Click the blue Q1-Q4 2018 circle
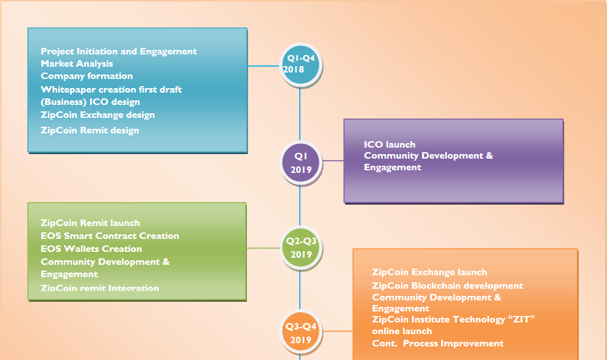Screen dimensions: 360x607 click(300, 65)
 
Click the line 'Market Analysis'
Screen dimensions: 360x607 click(76, 63)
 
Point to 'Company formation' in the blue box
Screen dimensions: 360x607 click(86, 76)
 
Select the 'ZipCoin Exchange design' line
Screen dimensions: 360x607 click(97, 115)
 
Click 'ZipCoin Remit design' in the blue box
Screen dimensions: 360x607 click(89, 130)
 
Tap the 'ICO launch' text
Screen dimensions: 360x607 click(389, 144)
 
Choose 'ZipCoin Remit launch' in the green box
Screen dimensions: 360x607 click(90, 223)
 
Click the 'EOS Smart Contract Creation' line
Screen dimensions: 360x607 click(109, 236)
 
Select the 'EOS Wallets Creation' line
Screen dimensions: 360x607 click(91, 249)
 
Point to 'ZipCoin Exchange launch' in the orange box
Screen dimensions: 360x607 click(429, 272)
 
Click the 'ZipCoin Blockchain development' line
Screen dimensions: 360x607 click(447, 286)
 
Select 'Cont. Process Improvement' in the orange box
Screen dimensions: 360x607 click(437, 343)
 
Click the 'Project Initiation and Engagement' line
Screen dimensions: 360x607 click(119, 51)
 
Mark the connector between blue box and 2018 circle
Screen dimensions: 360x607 click(264, 66)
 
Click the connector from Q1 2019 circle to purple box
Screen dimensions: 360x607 click(332, 161)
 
